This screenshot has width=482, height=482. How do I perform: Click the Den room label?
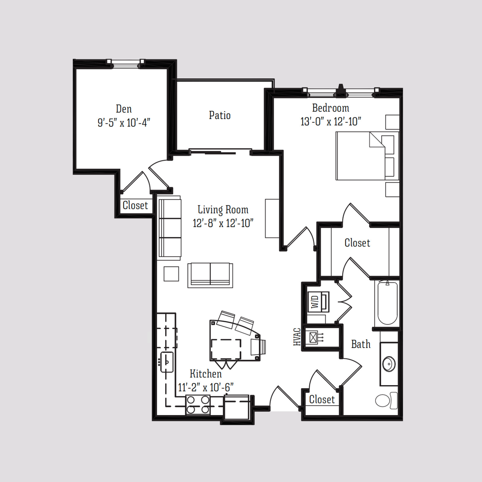[x=124, y=109]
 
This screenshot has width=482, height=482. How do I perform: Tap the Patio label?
[x=220, y=115]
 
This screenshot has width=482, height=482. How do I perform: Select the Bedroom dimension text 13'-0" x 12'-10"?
[x=330, y=121]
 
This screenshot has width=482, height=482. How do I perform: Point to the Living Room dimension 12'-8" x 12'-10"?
[x=223, y=223]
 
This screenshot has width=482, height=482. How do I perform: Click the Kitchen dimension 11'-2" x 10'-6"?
[x=206, y=387]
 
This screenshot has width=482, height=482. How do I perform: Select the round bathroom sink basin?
[x=389, y=364]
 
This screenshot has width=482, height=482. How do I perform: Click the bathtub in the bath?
[x=387, y=303]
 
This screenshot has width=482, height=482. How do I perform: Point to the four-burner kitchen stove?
[x=198, y=405]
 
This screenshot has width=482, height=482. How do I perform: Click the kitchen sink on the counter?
[x=167, y=362]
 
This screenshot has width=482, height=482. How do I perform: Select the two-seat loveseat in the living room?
[x=210, y=274]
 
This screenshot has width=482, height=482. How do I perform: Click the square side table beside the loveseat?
[x=171, y=274]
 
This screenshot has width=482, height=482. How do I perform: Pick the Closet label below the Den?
[x=135, y=205]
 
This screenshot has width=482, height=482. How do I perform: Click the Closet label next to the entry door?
[x=322, y=399]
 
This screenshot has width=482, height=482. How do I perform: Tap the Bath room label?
[x=361, y=344]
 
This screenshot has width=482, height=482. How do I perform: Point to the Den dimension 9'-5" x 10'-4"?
[x=124, y=123]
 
